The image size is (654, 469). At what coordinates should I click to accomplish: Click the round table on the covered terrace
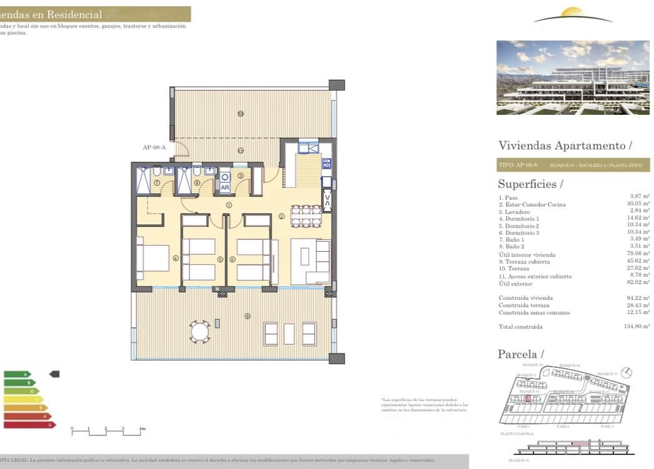pos(200,331)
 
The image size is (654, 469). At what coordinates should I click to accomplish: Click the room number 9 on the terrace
pos(248,316)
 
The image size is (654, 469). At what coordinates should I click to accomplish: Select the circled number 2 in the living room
pos(282,216)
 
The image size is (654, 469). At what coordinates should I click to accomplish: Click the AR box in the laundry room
pos(224,187)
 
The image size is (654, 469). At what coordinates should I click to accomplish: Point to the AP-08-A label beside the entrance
pos(154,147)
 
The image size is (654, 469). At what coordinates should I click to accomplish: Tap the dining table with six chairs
pos(306,215)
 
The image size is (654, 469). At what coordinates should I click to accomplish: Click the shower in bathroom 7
pos(144,180)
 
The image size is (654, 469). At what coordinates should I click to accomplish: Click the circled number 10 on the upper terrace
pos(240,113)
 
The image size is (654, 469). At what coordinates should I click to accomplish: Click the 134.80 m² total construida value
pos(637,327)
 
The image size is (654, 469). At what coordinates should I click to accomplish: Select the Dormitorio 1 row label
pos(519,219)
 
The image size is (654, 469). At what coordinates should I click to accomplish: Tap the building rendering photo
pos(572,77)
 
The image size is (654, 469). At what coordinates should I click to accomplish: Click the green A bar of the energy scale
pos(17,374)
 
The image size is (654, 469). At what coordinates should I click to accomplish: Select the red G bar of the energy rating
pos(29,425)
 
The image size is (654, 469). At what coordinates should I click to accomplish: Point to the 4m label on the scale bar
pos(142,429)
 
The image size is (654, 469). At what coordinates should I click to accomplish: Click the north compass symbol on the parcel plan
pos(627,372)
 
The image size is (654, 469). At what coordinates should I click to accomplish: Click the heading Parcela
pos(520,354)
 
